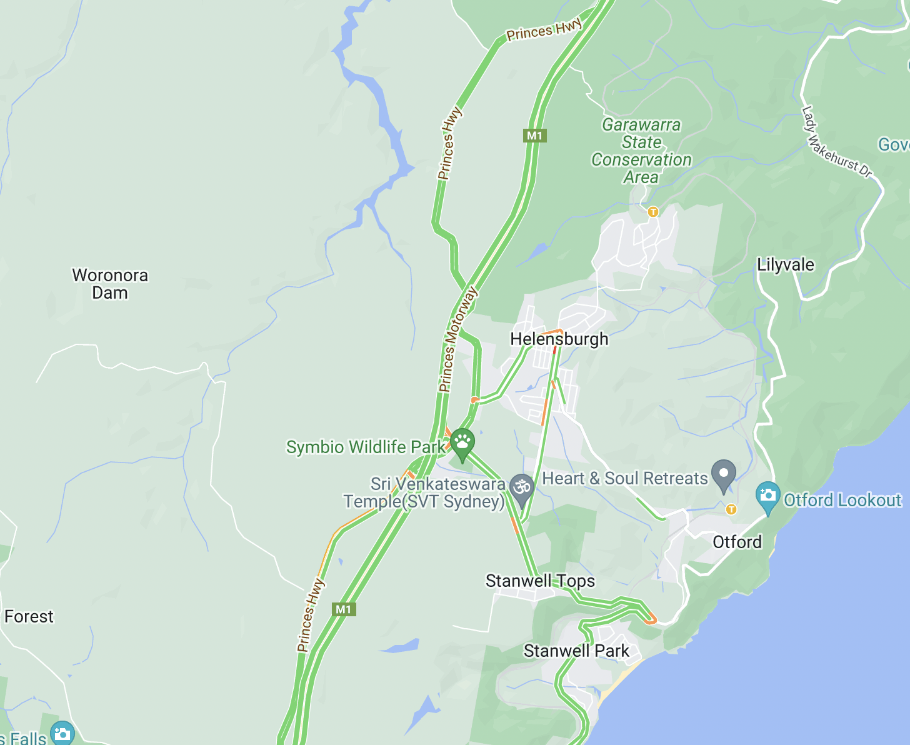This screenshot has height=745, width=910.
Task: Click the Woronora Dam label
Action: pos(110,284)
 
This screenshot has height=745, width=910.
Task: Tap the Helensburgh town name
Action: pos(559,339)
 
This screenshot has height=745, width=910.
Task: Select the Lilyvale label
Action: pos(786,265)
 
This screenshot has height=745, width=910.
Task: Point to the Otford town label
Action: pos(737,542)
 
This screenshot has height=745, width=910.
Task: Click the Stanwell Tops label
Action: pos(540,581)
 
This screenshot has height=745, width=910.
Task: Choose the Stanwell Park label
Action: pos(576,651)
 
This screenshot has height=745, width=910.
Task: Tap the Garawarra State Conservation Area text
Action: pos(641,151)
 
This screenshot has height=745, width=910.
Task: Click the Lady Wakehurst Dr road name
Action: pos(836,142)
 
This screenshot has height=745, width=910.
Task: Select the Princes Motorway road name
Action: pos(457,340)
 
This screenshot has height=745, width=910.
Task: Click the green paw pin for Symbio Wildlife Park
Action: pos(462,442)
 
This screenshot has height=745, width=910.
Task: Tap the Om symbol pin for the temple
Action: pos(521,487)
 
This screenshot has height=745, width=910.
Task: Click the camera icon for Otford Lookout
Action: pos(767,496)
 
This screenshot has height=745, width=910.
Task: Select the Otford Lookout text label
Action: pos(842,501)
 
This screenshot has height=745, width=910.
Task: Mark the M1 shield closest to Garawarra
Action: pos(534,136)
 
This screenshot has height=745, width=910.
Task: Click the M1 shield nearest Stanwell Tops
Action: pos(344,609)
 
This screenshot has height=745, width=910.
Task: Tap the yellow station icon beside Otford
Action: pos(731,510)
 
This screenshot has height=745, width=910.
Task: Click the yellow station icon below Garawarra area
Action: pos(653,212)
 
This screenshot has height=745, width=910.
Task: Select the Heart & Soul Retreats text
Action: pos(624,479)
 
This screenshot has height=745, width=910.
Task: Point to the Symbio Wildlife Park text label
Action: pos(366,447)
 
